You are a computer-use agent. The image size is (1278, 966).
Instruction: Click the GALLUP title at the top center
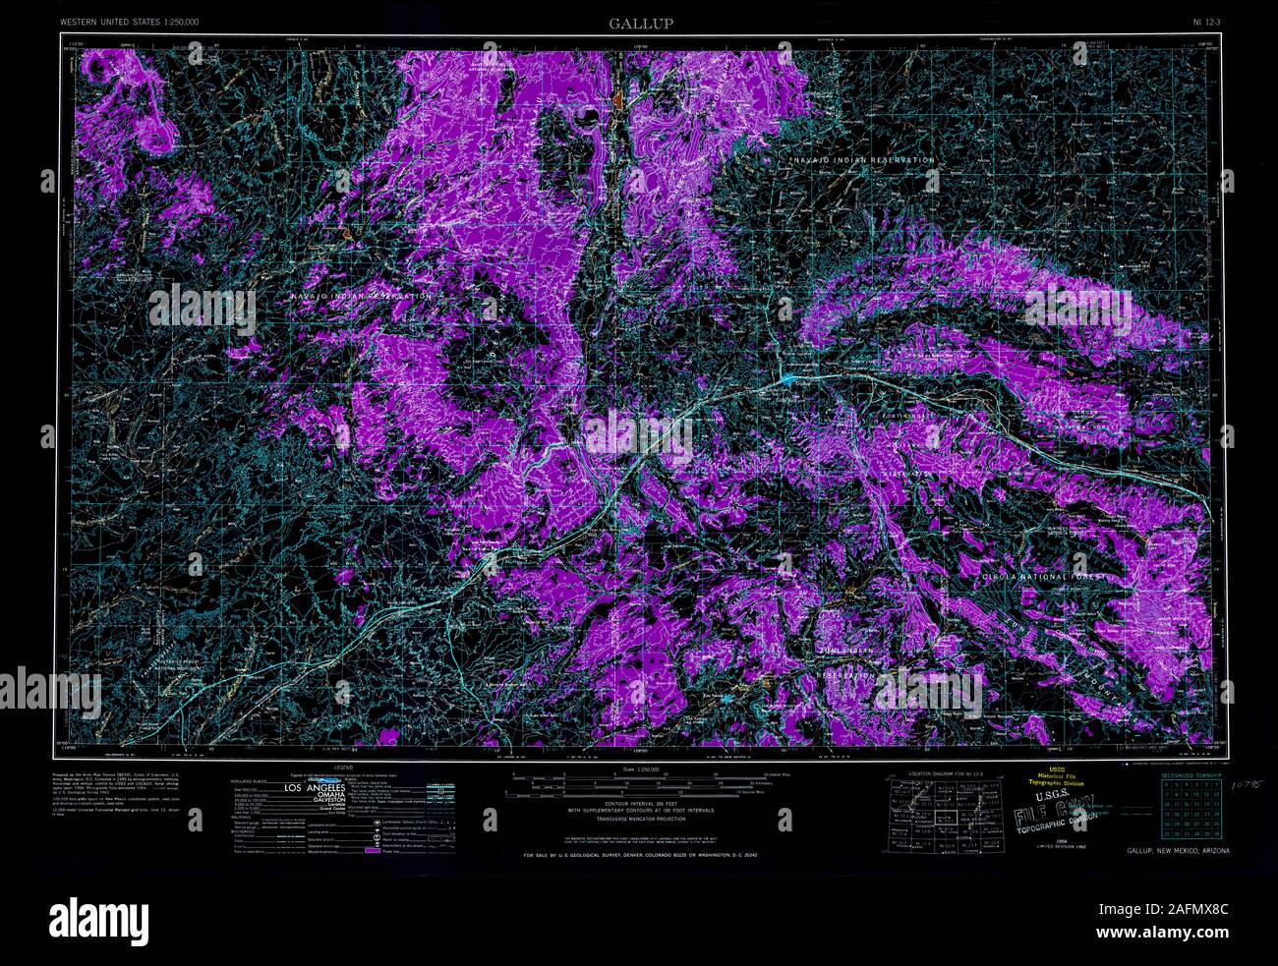(x=640, y=23)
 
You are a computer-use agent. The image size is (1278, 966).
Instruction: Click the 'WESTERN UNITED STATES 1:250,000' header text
(x=129, y=21)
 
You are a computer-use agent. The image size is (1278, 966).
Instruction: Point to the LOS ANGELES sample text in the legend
(x=315, y=789)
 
